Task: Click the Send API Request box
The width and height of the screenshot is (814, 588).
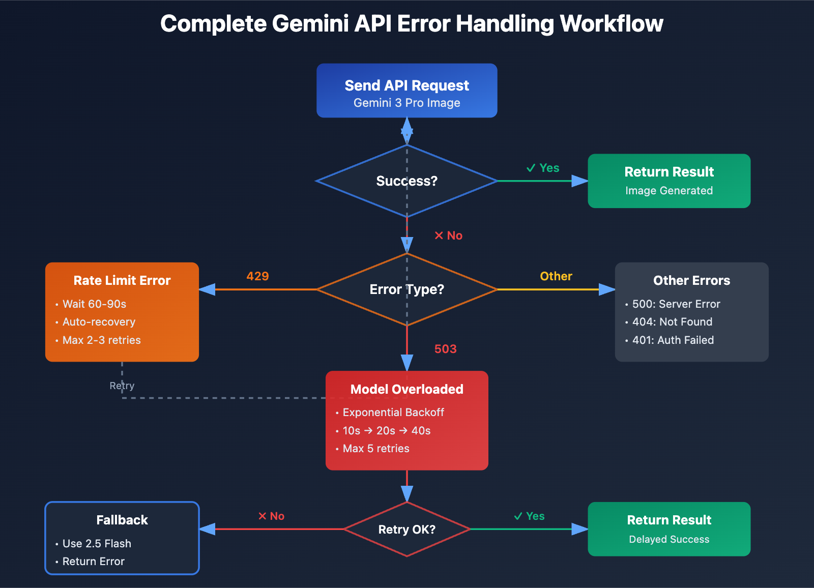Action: pyautogui.click(x=406, y=91)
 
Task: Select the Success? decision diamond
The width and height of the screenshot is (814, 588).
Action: pyautogui.click(x=406, y=181)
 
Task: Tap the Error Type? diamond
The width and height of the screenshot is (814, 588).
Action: pyautogui.click(x=406, y=289)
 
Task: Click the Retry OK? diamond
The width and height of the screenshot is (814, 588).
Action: pyautogui.click(x=406, y=530)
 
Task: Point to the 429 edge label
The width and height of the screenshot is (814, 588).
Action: pyautogui.click(x=257, y=276)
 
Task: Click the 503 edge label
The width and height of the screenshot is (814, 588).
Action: pyautogui.click(x=445, y=349)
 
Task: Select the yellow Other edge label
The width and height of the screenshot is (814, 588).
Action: pyautogui.click(x=556, y=276)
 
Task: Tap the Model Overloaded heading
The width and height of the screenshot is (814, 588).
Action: pyautogui.click(x=406, y=389)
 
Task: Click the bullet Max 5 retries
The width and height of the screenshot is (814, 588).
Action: pyautogui.click(x=375, y=449)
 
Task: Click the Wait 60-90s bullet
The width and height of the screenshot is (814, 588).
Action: pyautogui.click(x=94, y=304)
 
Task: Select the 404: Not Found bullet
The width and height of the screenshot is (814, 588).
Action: pyautogui.click(x=672, y=322)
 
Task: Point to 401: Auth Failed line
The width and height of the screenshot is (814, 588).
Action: pyautogui.click(x=673, y=340)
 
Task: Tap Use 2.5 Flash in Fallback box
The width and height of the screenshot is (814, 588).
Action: pyautogui.click(x=97, y=544)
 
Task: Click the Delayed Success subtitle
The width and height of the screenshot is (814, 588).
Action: pyautogui.click(x=668, y=539)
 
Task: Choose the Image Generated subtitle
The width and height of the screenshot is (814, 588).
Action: pyautogui.click(x=668, y=191)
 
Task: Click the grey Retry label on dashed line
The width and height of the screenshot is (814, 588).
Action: pyautogui.click(x=122, y=386)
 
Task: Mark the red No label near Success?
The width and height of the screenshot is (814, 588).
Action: pyautogui.click(x=449, y=236)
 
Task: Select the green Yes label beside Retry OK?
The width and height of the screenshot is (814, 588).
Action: pyautogui.click(x=530, y=516)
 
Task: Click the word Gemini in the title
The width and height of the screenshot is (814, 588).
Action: pyautogui.click(x=310, y=24)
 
